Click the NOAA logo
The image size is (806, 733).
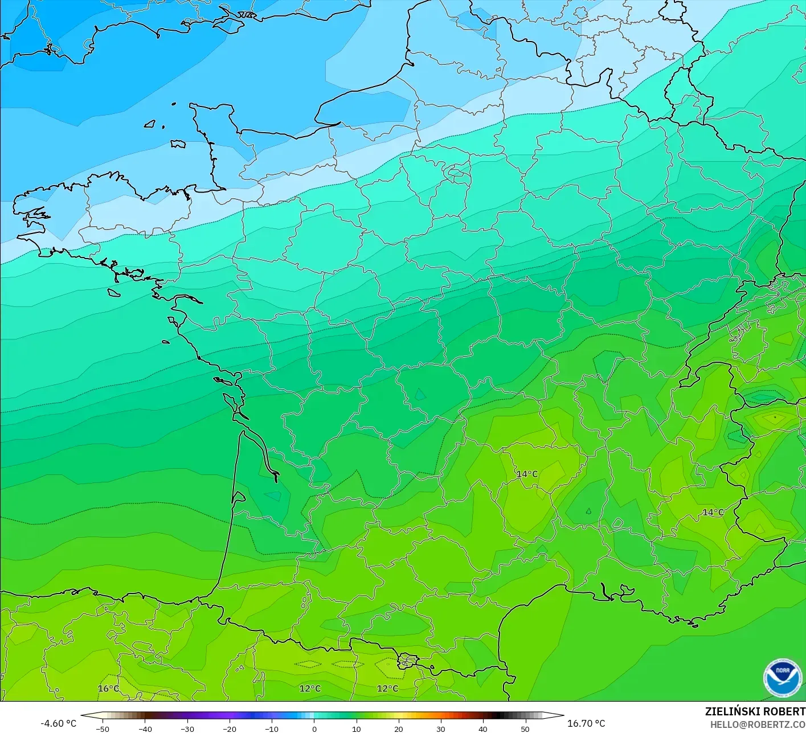(x=782, y=678)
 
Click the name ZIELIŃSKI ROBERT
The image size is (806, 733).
(x=755, y=711)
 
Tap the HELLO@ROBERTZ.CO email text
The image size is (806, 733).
(x=758, y=724)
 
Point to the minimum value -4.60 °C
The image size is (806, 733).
(x=58, y=723)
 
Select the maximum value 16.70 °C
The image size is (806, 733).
(x=586, y=723)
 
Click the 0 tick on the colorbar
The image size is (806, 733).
(x=314, y=728)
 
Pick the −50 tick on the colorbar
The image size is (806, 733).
(x=103, y=728)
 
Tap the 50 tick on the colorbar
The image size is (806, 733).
(x=525, y=728)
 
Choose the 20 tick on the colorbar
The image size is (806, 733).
(x=398, y=728)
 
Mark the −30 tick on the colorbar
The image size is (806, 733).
(x=187, y=728)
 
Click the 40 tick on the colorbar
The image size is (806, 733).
(x=482, y=728)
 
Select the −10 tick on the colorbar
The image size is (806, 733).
(x=272, y=728)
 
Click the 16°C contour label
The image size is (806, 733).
(x=108, y=689)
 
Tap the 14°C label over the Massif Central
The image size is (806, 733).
(x=527, y=474)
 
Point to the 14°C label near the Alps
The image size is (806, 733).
(x=713, y=513)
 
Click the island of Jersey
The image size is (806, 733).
(x=178, y=144)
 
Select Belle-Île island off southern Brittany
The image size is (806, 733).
(x=114, y=292)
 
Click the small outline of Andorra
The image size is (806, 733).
(x=408, y=661)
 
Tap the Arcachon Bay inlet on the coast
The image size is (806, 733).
(x=239, y=497)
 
